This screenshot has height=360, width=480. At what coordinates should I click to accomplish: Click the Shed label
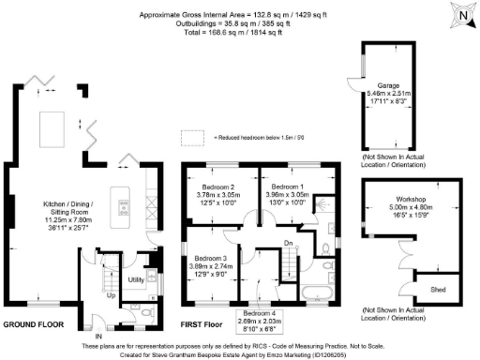[437, 287]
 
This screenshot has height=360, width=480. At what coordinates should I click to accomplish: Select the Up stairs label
[113, 294]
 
